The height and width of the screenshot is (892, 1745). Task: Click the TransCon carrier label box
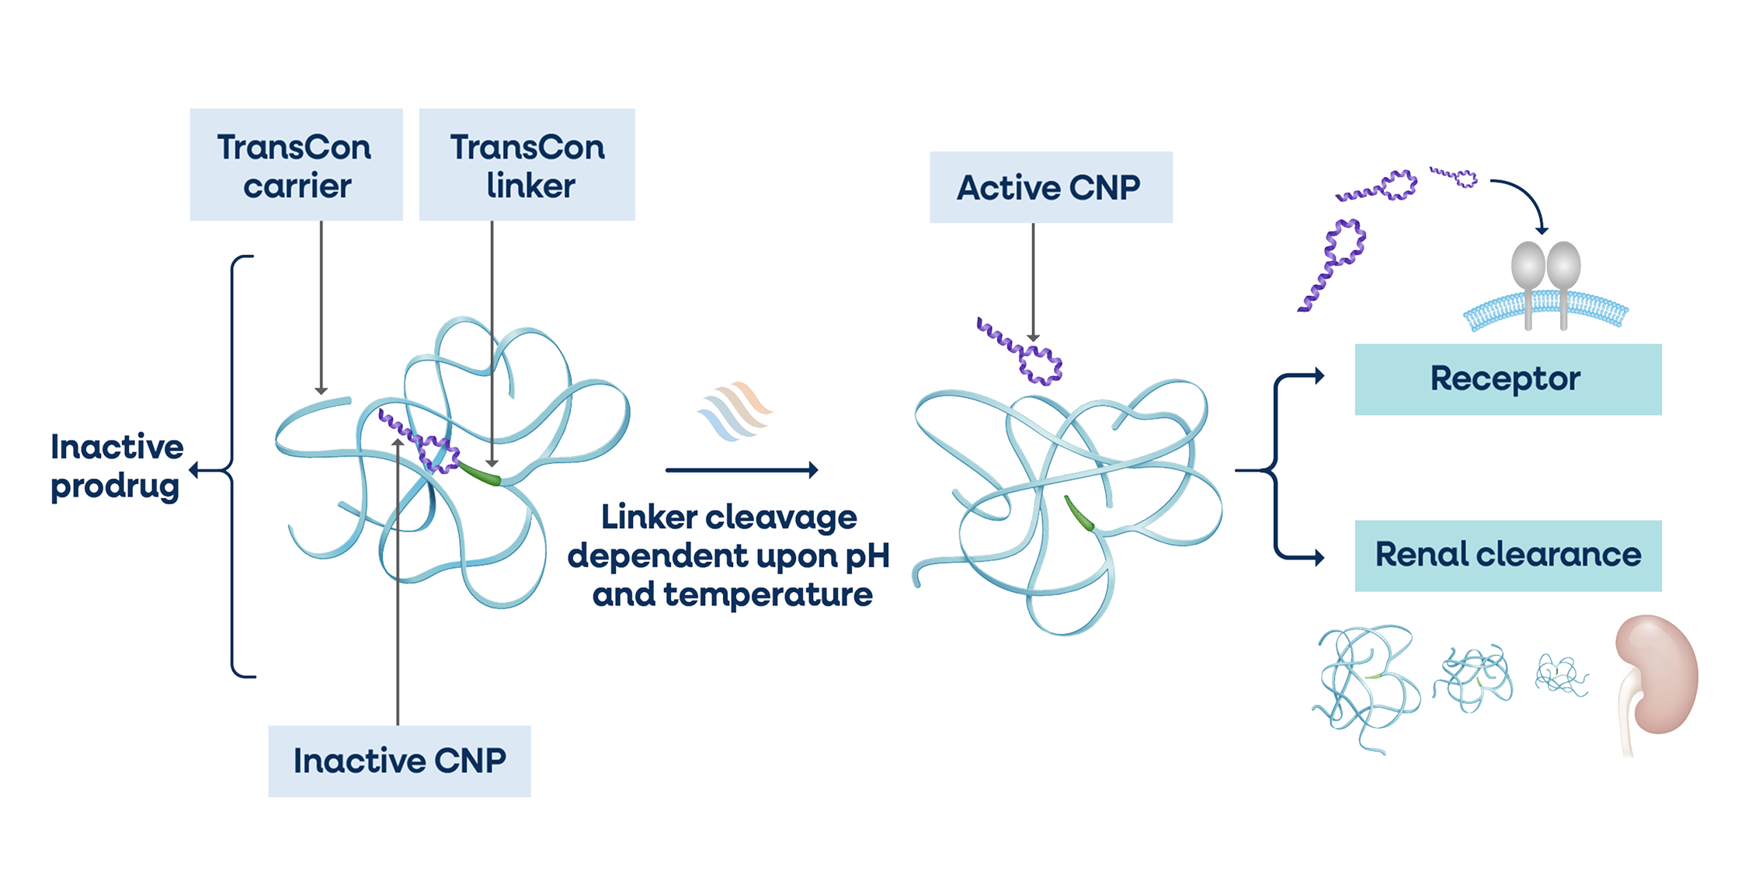click(296, 165)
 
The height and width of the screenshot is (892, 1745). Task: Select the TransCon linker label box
click(527, 165)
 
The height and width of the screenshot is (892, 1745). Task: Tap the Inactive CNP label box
click(399, 761)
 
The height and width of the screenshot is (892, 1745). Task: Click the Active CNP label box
click(1050, 187)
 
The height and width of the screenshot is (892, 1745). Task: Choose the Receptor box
click(1507, 379)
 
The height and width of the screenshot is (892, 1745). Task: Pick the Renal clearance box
click(1507, 555)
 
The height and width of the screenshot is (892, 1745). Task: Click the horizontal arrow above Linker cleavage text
click(742, 469)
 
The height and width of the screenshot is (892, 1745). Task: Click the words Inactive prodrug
click(116, 467)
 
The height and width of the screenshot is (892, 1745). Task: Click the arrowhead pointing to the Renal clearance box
click(1317, 557)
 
